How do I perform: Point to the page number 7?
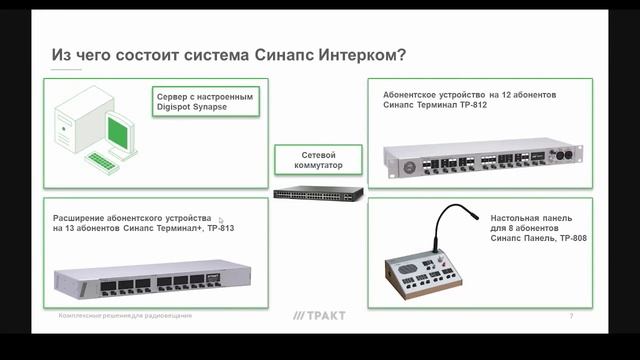point(571,316)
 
